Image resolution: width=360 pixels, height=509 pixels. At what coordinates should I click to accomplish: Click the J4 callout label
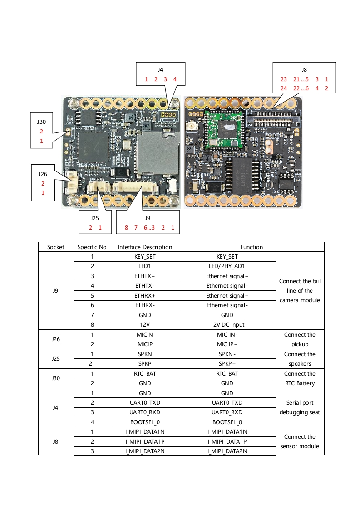click(160, 70)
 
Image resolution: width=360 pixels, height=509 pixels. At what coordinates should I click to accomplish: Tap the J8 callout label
click(304, 70)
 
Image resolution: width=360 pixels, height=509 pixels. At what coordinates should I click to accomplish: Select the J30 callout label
click(41, 122)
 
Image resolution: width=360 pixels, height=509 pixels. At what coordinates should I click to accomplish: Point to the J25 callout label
click(95, 218)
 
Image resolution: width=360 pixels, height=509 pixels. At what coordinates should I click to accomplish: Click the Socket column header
click(55, 247)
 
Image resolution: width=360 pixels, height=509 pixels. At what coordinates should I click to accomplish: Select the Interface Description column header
click(145, 247)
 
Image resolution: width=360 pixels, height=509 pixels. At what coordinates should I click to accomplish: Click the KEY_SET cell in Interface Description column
click(145, 257)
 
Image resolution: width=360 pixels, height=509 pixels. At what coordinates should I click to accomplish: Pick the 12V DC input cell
click(227, 325)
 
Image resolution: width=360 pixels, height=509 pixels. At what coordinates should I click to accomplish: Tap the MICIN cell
click(145, 335)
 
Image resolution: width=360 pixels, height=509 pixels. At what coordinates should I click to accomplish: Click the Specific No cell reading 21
click(92, 364)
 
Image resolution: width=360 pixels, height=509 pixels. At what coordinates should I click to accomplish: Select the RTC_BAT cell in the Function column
click(227, 374)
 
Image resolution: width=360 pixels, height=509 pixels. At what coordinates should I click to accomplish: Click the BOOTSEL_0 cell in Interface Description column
click(145, 422)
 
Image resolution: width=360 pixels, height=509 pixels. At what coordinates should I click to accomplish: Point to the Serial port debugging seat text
click(300, 407)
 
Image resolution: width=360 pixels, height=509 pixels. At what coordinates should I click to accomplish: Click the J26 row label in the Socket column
click(55, 339)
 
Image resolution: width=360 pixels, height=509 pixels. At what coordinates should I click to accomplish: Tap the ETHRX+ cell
click(145, 296)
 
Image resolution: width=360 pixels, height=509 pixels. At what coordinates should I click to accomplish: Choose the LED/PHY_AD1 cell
click(227, 266)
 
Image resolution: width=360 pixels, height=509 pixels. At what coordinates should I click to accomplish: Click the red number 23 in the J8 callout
click(284, 79)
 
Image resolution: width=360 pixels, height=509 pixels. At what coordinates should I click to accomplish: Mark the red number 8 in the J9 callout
click(126, 228)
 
